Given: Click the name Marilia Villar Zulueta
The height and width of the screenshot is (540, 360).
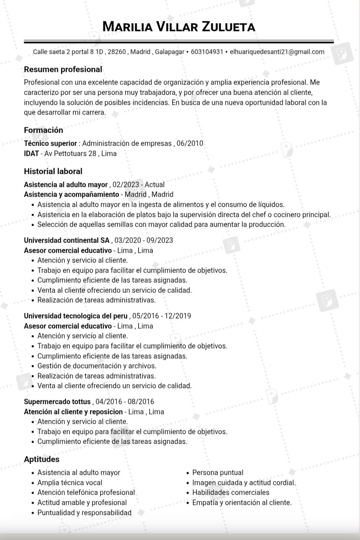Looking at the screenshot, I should point(179,26).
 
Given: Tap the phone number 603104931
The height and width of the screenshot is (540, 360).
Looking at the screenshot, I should point(207,52).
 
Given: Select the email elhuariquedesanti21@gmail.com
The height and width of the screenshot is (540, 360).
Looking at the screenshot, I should point(277,52).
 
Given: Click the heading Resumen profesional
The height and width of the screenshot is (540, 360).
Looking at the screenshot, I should point(63,69).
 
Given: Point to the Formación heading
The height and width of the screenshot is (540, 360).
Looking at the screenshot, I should point(43,130).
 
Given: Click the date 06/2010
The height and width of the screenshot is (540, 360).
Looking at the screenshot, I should point(190,143).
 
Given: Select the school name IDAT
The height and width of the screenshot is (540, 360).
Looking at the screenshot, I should point(31,153).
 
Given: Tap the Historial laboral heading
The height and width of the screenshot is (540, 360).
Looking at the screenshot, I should point(53,171).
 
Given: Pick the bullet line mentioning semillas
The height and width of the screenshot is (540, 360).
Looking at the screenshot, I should point(161,224).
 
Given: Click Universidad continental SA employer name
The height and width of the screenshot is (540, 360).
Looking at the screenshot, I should point(67,240).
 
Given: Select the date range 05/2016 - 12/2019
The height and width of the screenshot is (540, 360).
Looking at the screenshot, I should point(162,316).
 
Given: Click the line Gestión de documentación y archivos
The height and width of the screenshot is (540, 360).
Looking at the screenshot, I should point(97,366).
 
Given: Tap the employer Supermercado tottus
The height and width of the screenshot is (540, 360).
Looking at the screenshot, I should point(57,401).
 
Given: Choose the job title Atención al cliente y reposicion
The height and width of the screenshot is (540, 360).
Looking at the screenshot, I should point(73,412).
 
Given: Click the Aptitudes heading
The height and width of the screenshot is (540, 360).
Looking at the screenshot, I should point(42,459).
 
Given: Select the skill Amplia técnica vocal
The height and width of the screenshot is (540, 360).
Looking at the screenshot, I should point(70,482).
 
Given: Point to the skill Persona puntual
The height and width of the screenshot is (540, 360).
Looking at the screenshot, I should point(218,472).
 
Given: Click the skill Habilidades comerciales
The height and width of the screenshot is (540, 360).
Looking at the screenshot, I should point(231,492).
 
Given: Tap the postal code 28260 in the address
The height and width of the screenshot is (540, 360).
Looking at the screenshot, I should point(117,52).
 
